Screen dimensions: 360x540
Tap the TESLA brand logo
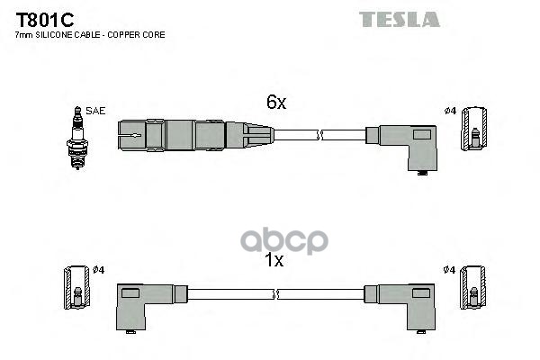click(400, 19)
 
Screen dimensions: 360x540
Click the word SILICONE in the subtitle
click(53, 34)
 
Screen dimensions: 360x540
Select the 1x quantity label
click(274, 261)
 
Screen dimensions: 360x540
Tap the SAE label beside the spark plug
click(96, 111)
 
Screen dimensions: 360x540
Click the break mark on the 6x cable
click(319, 136)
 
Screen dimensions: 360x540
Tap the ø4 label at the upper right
click(451, 111)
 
